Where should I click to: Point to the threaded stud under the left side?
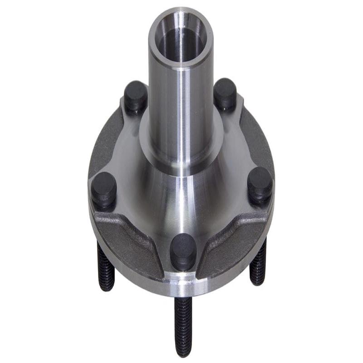[105, 268]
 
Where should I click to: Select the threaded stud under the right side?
[259, 265]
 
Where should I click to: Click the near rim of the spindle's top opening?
[181, 64]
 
